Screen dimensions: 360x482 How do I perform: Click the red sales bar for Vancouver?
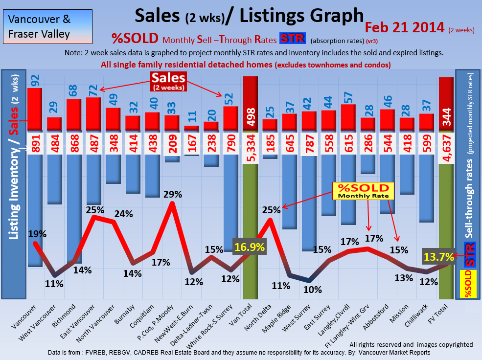point(34,110)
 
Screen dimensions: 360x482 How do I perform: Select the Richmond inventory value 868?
point(74,143)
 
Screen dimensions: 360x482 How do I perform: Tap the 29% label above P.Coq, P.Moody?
point(172,194)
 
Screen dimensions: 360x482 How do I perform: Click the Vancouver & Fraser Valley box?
point(46,27)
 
